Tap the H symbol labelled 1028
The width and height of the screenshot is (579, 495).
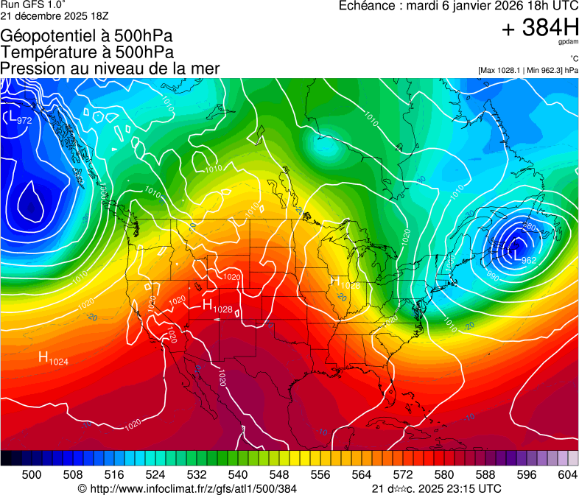point(207,304)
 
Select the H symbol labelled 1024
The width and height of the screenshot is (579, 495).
point(43,358)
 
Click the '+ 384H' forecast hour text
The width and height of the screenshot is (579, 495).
point(540,29)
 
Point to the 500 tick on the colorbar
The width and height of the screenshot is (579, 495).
point(32,474)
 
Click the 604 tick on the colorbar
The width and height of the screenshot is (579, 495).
point(568,474)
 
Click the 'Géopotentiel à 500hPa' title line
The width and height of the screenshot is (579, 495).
point(86,36)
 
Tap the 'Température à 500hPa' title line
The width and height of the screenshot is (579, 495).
point(87,52)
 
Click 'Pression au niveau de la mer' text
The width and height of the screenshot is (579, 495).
point(110,69)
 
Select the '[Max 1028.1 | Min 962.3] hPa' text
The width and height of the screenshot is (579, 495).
point(527,71)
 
